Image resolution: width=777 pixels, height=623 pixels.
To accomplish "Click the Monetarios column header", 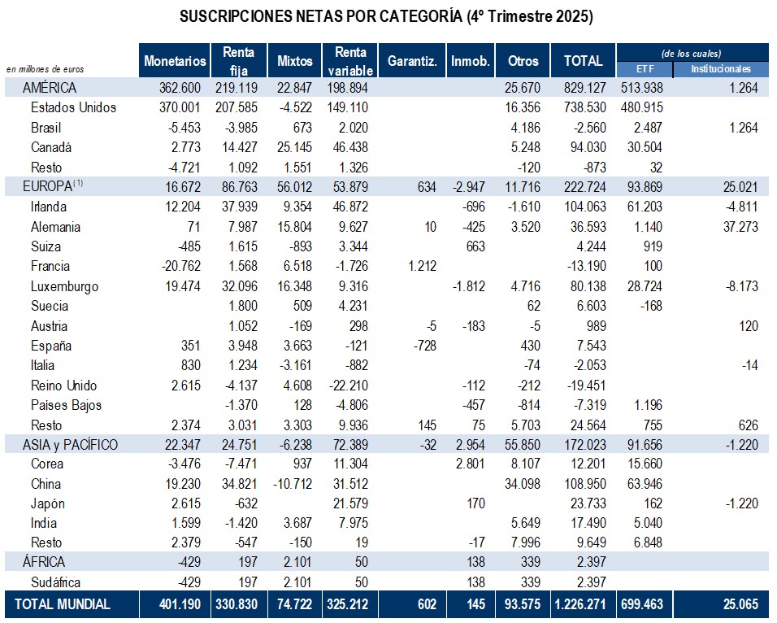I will click(x=175, y=61).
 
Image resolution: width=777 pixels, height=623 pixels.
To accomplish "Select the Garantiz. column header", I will click(x=413, y=61).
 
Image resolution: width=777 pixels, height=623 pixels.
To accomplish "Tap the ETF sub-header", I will click(x=645, y=69).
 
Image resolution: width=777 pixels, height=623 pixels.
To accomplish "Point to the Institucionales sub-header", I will click(x=721, y=69).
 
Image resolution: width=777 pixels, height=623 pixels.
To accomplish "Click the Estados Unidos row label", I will click(x=73, y=107).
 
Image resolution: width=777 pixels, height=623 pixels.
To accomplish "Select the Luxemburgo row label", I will click(x=65, y=286).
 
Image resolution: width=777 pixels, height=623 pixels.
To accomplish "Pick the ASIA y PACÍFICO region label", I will click(x=71, y=445).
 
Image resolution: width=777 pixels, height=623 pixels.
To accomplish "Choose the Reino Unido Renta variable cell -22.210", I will click(x=348, y=386).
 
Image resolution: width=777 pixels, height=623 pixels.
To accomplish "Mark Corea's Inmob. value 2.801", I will click(x=471, y=464).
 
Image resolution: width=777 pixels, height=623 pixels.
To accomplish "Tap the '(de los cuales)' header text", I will click(x=692, y=53).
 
